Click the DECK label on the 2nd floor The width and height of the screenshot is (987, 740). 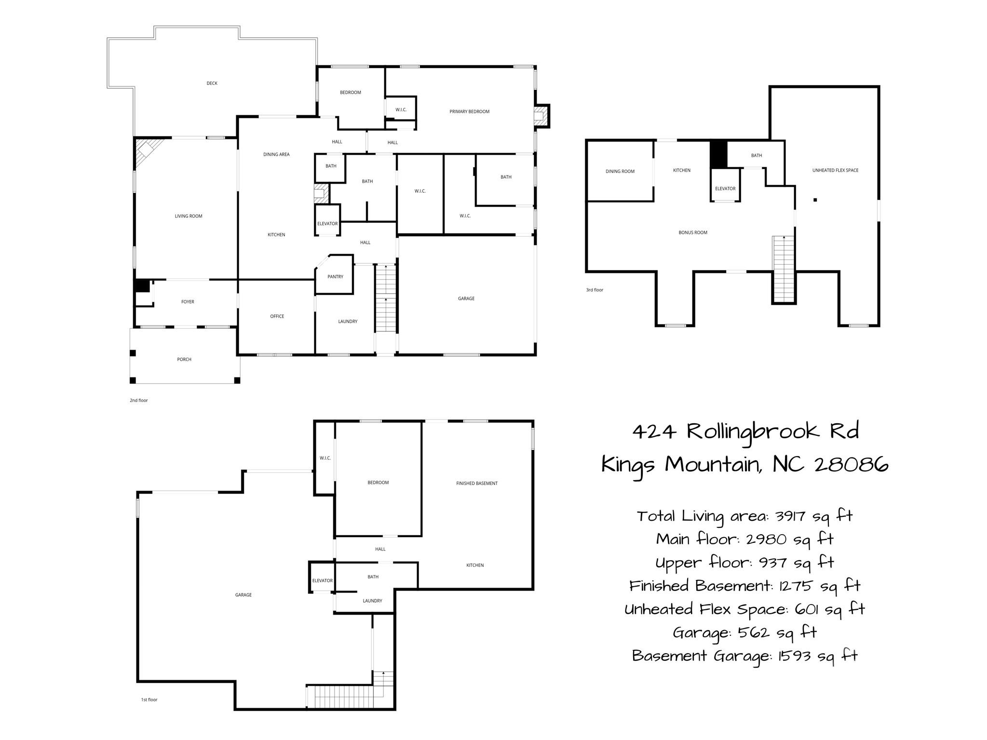212,83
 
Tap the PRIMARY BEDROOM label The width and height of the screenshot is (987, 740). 469,111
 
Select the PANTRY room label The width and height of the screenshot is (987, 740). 335,277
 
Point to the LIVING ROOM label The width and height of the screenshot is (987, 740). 189,216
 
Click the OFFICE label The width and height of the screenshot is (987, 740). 277,316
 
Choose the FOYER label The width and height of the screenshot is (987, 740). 188,302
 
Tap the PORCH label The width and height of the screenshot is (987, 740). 184,359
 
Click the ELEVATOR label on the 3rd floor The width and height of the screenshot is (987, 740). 725,188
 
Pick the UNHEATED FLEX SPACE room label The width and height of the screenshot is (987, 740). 835,170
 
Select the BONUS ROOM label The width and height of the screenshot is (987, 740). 693,232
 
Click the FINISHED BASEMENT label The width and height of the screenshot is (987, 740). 477,483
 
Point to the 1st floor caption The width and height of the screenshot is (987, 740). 149,700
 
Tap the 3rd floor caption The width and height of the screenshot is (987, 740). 595,290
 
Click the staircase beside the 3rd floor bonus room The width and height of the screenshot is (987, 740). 784,269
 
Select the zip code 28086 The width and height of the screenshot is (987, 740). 852,465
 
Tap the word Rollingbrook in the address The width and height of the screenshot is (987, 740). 753,431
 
